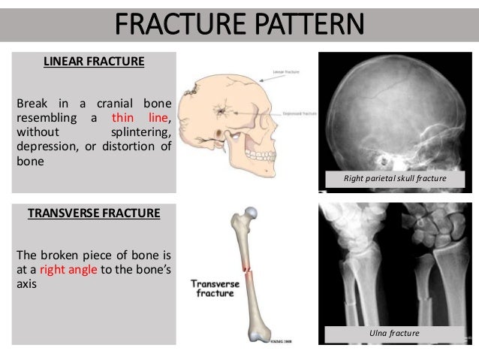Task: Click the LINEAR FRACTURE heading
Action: point(94,62)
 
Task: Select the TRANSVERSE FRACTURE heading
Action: point(94,213)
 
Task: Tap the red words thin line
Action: point(142,118)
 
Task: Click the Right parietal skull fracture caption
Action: point(396,179)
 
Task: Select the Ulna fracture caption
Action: point(396,331)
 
